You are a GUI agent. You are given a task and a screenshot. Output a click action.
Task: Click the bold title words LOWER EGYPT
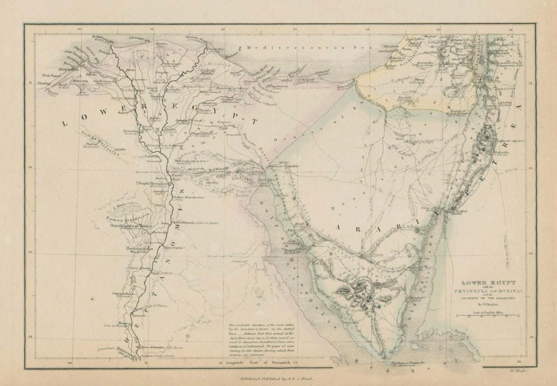(x=481, y=283)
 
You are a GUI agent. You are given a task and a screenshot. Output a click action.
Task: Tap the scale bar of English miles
(x=487, y=316)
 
